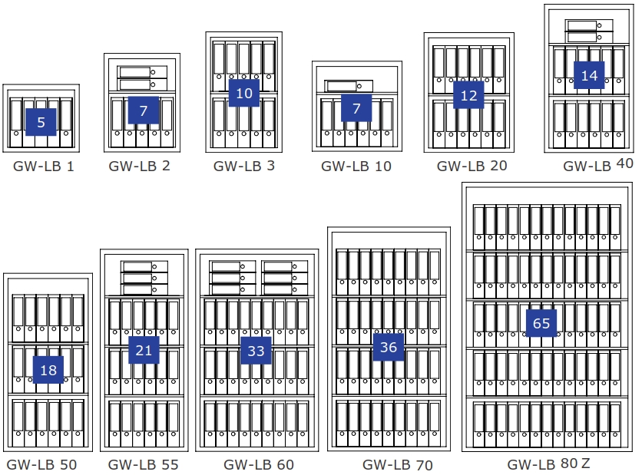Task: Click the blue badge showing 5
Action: [41, 122]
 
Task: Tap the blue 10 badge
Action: [244, 94]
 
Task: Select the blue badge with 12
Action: [469, 96]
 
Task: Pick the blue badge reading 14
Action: [589, 75]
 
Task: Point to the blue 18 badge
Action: [48, 371]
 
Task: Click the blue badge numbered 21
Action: [144, 350]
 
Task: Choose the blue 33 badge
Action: [256, 351]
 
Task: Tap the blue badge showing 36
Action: [389, 347]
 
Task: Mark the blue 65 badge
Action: [541, 323]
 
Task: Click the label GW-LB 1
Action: [44, 166]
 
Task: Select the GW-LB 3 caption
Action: [244, 165]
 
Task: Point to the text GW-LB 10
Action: [356, 166]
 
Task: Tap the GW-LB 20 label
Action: [472, 165]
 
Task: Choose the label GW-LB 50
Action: [41, 464]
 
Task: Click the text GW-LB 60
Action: [259, 464]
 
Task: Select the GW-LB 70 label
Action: [398, 464]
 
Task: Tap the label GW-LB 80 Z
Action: [548, 463]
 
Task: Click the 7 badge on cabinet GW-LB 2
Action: [144, 111]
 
